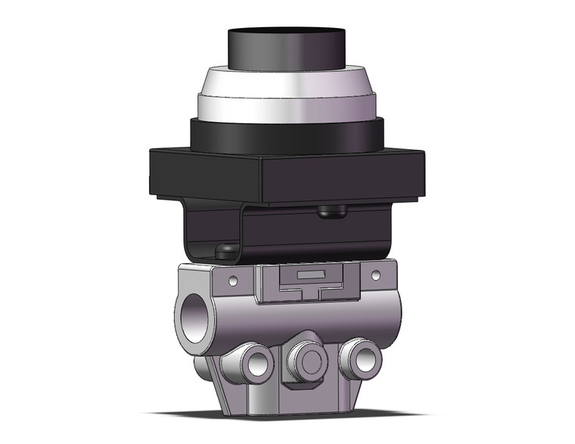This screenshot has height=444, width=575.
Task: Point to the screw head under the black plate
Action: (x=327, y=213)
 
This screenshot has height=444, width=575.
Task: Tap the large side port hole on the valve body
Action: (x=194, y=312)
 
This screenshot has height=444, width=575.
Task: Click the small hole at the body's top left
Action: (x=233, y=282)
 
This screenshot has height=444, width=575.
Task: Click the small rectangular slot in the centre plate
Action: (x=305, y=272)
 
